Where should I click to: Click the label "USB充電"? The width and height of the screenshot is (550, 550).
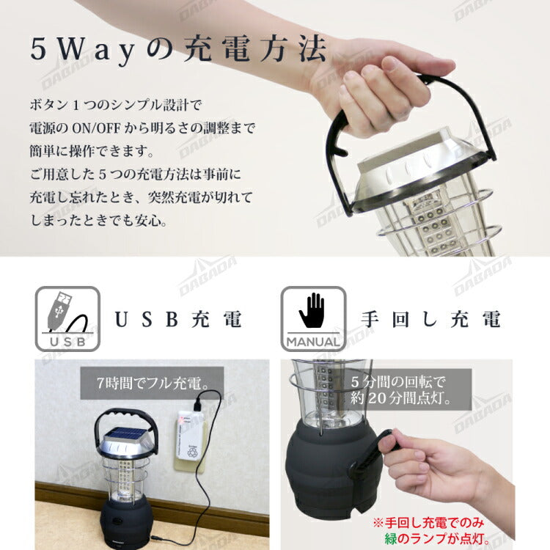point(178,320)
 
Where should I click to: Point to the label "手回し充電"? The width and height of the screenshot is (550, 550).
point(431,320)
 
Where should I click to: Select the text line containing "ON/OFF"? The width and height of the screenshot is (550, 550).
point(143,129)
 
